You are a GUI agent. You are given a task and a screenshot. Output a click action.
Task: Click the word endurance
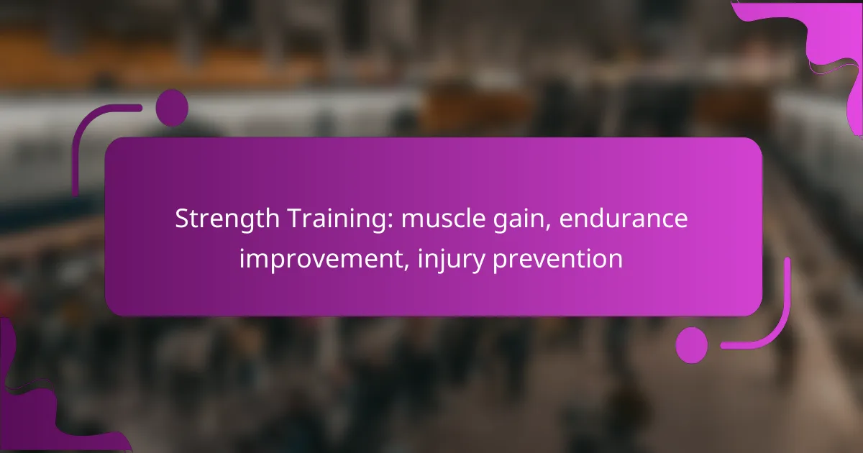pos(624,219)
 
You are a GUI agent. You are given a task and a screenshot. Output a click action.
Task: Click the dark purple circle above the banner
pos(172,108)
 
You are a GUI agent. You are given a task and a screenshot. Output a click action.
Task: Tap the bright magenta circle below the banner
pos(692,345)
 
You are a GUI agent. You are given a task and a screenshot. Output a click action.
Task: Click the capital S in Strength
pos(182,219)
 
